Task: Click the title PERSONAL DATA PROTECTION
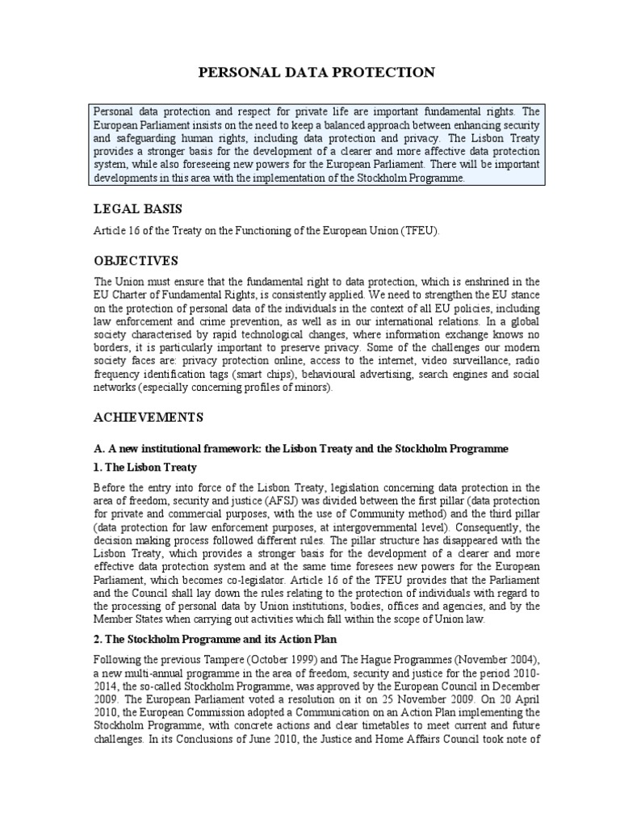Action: point(316,73)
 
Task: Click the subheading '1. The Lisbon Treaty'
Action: point(145,467)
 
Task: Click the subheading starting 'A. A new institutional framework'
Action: point(301,447)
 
